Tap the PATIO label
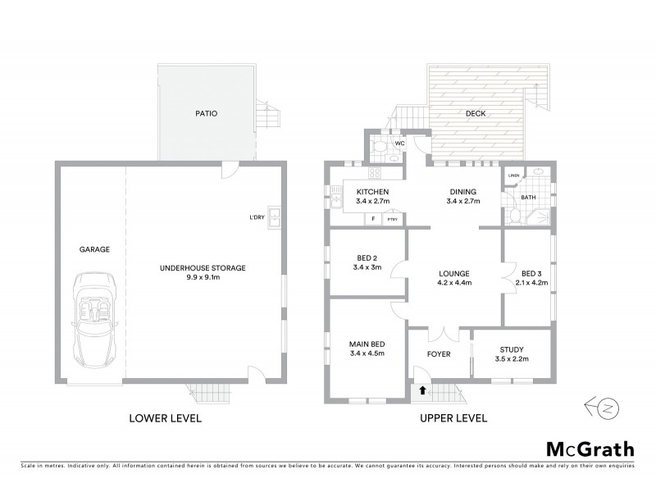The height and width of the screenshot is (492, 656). tap(205, 114)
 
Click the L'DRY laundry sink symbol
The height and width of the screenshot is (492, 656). tap(279, 217)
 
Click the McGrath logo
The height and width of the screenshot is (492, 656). tap(590, 449)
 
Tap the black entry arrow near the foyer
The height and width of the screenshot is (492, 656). tap(422, 391)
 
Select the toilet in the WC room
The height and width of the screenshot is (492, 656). tap(380, 148)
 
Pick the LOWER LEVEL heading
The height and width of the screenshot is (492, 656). tap(166, 418)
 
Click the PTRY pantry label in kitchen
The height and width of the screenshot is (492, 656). tap(392, 219)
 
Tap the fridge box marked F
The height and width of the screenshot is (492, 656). tap(373, 219)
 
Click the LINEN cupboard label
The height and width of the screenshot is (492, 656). tap(513, 175)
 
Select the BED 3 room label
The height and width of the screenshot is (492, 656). tap(532, 272)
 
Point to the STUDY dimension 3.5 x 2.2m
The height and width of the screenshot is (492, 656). tap(509, 358)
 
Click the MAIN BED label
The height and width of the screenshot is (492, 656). tap(367, 344)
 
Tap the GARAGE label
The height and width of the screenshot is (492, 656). tap(95, 249)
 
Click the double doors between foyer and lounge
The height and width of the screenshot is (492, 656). tap(443, 334)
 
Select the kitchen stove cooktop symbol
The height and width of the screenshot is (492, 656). tap(375, 173)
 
